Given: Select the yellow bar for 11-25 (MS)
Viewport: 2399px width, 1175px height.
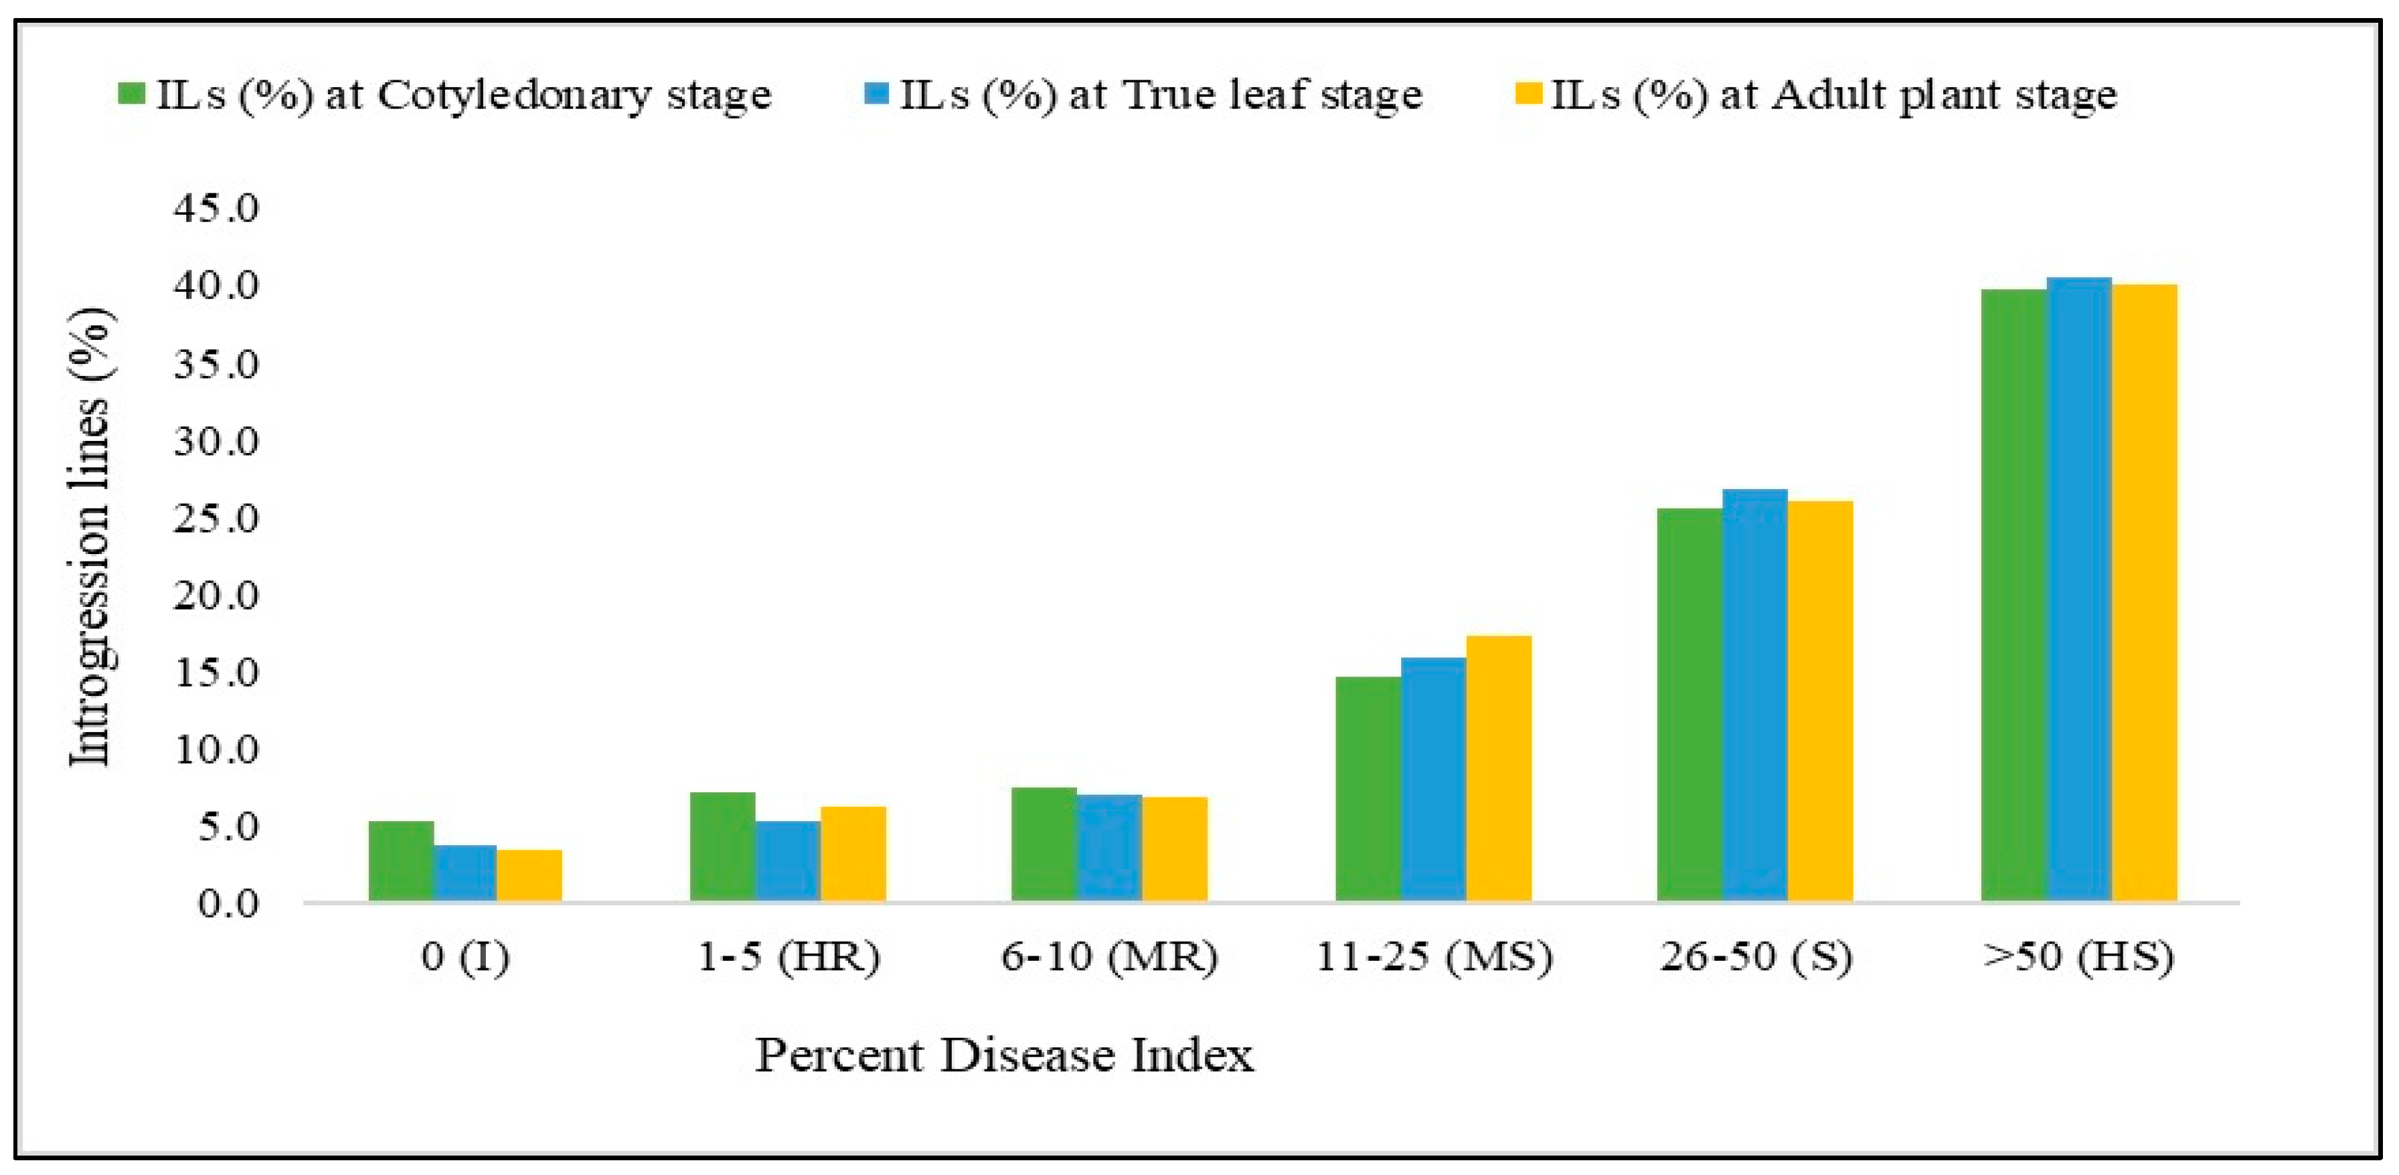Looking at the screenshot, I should click(x=1499, y=768).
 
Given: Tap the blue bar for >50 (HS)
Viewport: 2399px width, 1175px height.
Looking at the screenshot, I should click(x=2078, y=590).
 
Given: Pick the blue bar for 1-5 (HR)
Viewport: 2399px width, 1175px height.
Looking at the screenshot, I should click(x=787, y=861).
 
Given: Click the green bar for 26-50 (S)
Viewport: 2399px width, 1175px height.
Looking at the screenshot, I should click(x=1689, y=705).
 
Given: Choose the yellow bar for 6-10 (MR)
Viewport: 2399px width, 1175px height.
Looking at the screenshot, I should click(x=1174, y=849).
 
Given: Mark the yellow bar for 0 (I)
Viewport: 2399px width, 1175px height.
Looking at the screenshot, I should click(x=529, y=876).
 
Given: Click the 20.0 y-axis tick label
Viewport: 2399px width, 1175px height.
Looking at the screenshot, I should click(x=215, y=595).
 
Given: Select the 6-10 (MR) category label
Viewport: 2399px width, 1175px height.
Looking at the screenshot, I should click(x=1109, y=957).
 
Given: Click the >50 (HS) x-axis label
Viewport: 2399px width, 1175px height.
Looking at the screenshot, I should click(x=2078, y=957).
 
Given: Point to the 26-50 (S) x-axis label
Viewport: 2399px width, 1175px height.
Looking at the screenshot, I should click(x=1756, y=957).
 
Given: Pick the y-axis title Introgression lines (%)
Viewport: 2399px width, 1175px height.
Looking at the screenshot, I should click(x=91, y=538).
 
